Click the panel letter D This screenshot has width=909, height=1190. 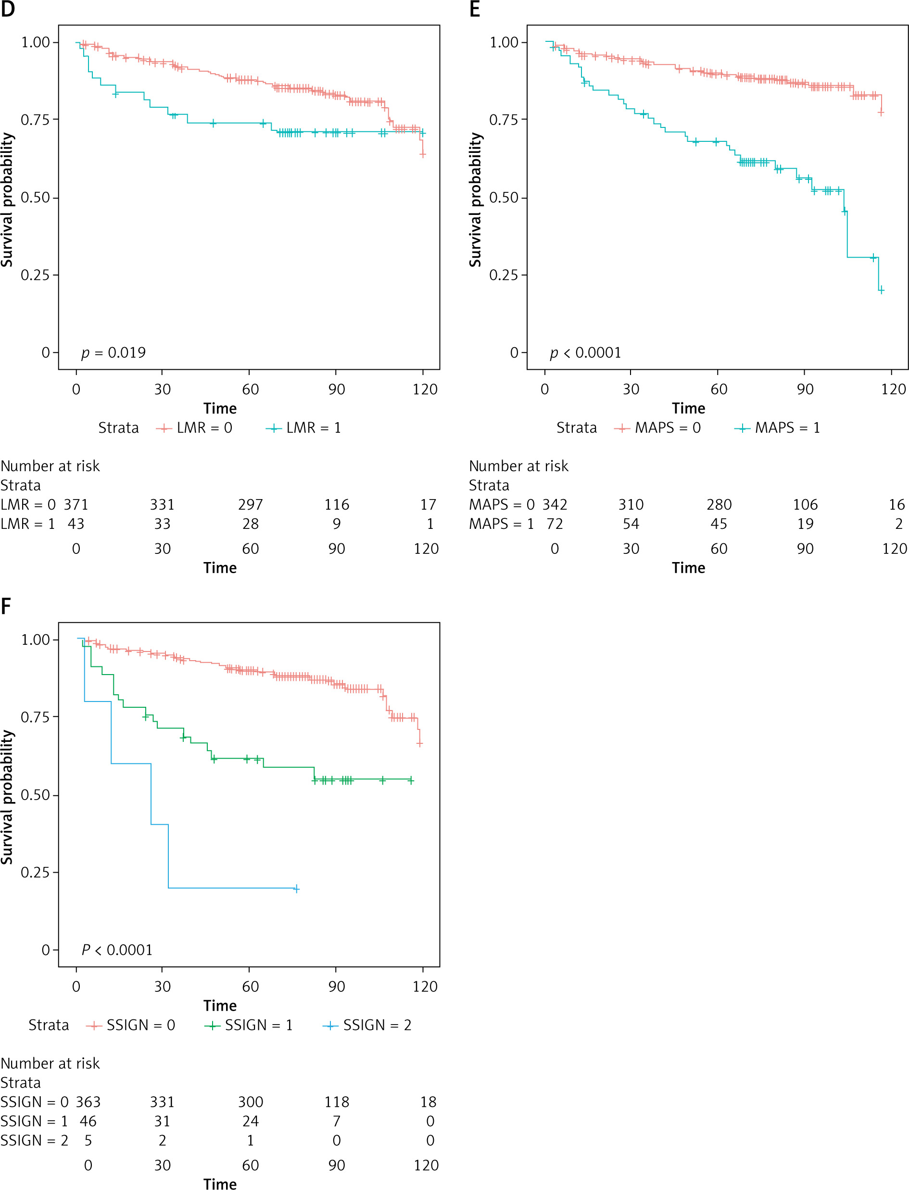coord(8,9)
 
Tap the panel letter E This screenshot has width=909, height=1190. coord(475,9)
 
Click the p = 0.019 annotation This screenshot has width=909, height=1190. coord(114,353)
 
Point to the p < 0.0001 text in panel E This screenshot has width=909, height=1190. coord(585,353)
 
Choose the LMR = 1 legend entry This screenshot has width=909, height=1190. coord(303,428)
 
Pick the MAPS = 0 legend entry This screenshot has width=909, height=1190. coord(658,428)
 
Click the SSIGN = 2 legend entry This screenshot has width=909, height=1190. coord(367,1025)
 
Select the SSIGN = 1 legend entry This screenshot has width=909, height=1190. coord(249,1025)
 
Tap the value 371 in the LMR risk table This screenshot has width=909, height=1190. coord(76,505)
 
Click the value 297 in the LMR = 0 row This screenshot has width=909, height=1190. coord(250,505)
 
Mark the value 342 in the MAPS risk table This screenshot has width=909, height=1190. coord(555,505)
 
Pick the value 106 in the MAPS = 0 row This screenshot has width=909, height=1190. coord(805,505)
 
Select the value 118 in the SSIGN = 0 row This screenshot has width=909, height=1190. coord(337,1102)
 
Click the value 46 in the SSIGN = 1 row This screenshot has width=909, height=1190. coord(88,1121)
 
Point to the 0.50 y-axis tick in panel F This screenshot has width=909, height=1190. coord(35,795)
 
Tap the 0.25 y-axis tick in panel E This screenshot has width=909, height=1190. coord(504,275)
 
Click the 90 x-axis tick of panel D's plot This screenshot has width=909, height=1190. coord(336,389)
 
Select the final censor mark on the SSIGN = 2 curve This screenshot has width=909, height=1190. coord(296,889)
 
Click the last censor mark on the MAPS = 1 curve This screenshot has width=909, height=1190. coord(881,290)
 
